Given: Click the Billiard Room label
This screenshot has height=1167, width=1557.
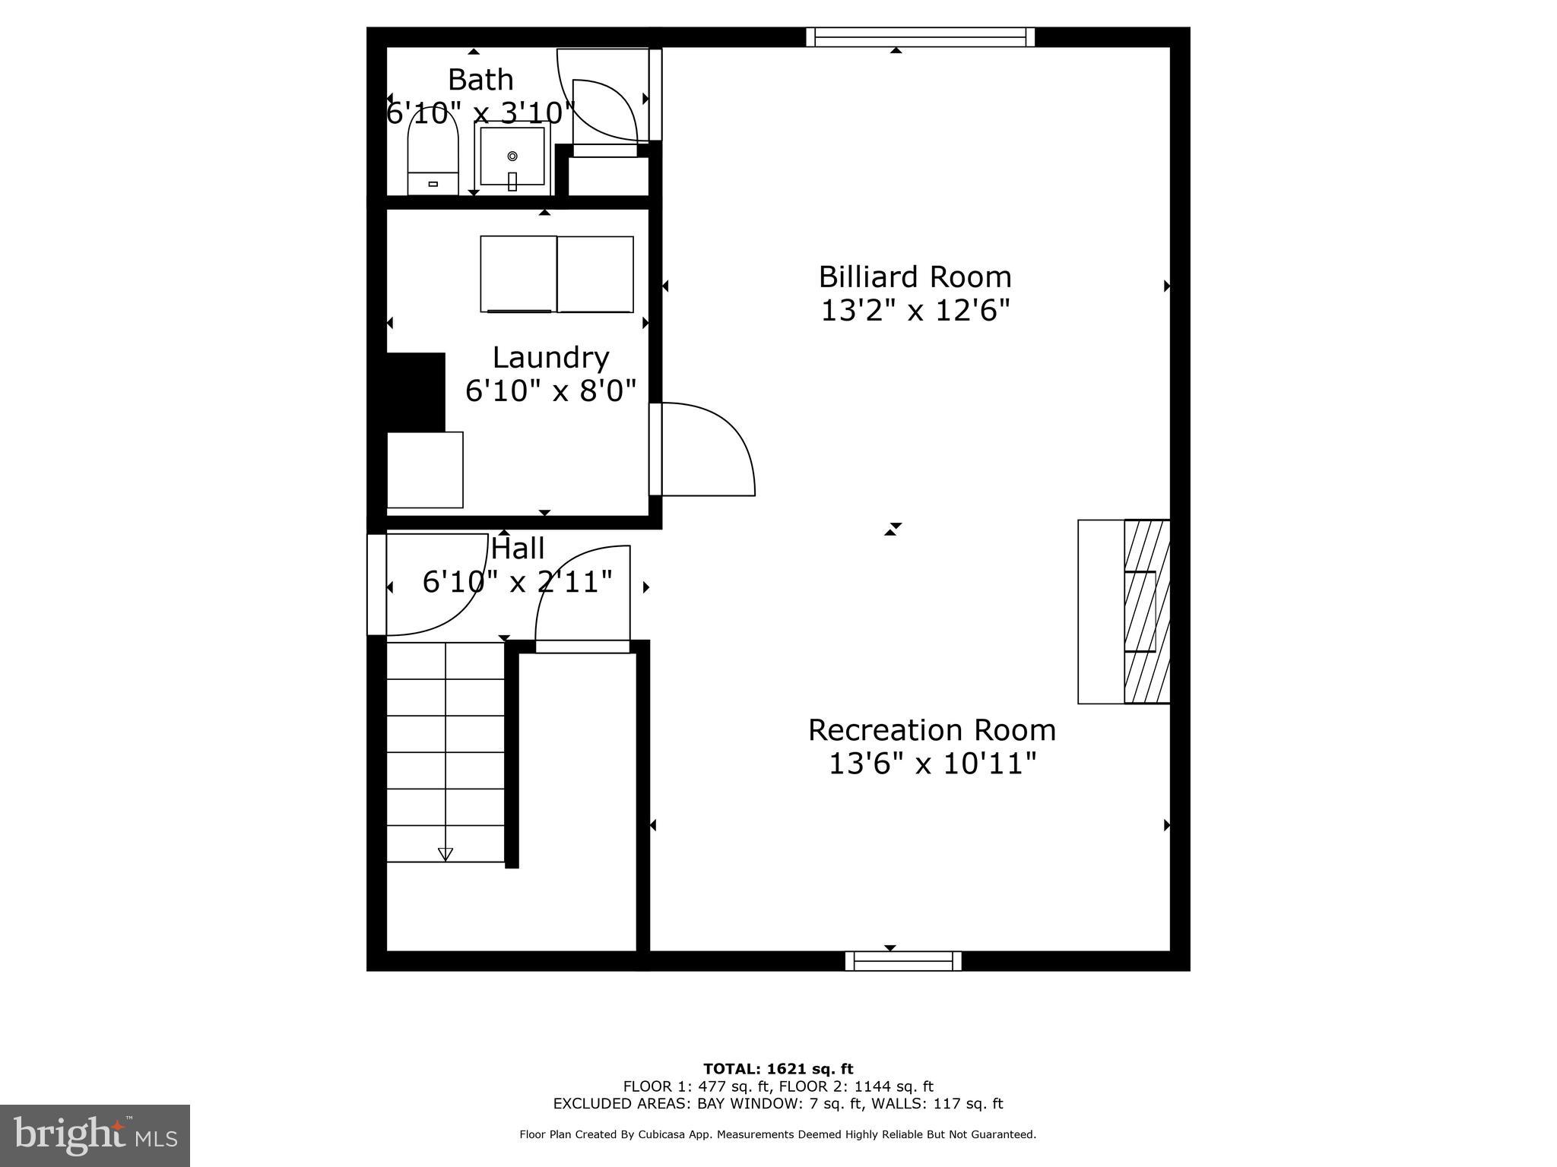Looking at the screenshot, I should coord(915,277).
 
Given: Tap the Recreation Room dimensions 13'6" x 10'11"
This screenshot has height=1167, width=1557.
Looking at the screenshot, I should coord(932,763).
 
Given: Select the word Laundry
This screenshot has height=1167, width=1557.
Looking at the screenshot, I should coord(550,357).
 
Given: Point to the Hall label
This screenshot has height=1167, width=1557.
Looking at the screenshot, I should coord(518,548).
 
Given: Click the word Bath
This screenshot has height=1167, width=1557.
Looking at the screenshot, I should coord(480,80).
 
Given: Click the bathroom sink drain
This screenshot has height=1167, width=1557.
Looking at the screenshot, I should coord(512,156).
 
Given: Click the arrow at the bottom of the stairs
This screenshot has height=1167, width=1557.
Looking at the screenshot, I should coord(446,854).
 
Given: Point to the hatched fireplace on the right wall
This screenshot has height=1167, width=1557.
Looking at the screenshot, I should coord(1146,612).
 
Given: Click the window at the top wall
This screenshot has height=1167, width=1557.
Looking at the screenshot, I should coord(920,37).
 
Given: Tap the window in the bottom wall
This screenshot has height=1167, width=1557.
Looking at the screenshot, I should coord(903,961).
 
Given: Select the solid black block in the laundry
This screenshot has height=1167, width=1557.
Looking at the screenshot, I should coord(416,392).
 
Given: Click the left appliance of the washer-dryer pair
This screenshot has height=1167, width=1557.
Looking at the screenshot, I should coord(518,274).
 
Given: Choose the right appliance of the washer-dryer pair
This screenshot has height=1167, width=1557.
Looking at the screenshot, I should coord(595,274).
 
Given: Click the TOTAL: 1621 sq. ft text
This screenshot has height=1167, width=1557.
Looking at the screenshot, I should coord(778,1069).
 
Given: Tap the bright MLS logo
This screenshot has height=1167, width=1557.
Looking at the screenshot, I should coord(95,1135).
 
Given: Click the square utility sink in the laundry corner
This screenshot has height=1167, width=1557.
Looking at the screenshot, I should coord(425,470).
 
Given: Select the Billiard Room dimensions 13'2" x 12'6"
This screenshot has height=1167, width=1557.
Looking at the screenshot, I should coord(915,310).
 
